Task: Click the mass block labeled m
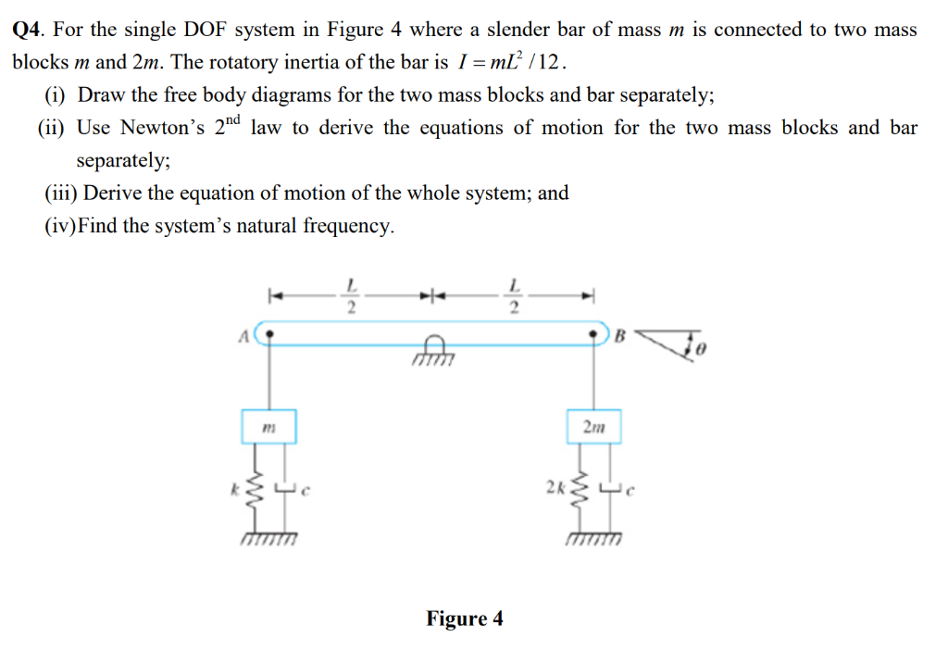(x=269, y=428)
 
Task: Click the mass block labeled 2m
(x=592, y=427)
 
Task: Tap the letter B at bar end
(x=620, y=337)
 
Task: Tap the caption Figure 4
(x=465, y=619)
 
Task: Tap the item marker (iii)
(x=60, y=194)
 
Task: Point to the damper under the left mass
(x=284, y=490)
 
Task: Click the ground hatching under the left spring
(x=268, y=539)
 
